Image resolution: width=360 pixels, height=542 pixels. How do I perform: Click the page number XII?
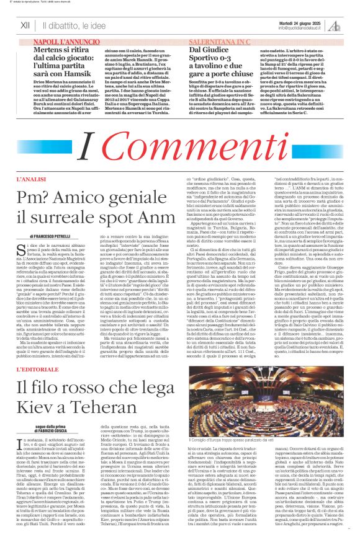[25, 25]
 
